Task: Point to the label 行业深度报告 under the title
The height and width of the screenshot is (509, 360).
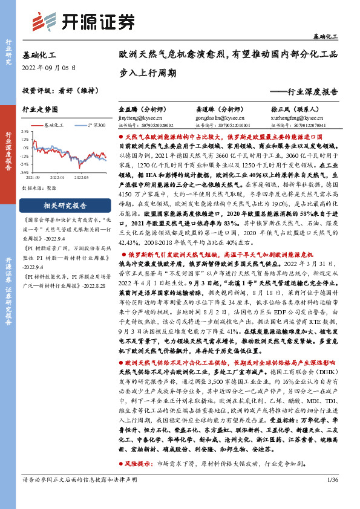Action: (x=312, y=92)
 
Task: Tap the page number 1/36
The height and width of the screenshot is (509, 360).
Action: (x=331, y=496)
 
